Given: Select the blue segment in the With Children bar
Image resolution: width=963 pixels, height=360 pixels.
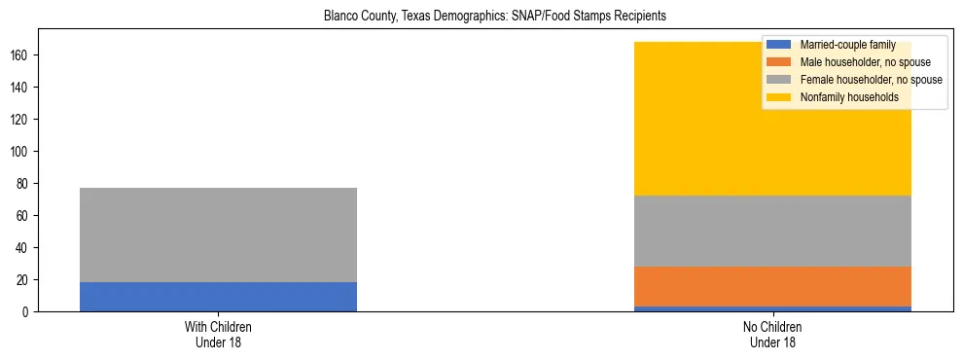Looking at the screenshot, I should pos(218,297).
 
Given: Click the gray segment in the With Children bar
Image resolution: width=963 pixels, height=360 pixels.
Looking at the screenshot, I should pos(218,234).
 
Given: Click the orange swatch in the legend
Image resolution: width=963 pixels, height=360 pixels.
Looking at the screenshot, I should pos(779,62).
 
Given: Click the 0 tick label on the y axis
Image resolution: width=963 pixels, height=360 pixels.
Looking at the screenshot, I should pos(29,312).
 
